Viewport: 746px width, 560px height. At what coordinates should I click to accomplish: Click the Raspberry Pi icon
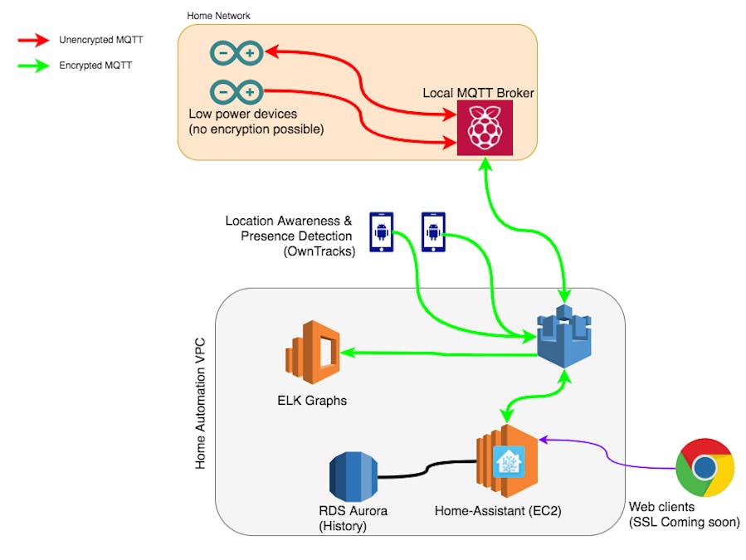click(485, 127)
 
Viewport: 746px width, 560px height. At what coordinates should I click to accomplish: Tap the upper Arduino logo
click(237, 55)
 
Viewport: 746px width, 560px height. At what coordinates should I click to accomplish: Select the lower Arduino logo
click(237, 91)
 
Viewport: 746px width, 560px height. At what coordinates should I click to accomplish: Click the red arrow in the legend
click(34, 39)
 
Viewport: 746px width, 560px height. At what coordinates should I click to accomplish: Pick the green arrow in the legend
click(34, 65)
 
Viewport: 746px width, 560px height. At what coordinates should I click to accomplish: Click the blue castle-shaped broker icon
click(565, 337)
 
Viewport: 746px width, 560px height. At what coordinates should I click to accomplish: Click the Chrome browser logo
click(705, 467)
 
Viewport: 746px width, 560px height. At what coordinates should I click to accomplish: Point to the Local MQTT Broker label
click(478, 93)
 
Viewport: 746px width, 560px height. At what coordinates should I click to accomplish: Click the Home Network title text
click(218, 16)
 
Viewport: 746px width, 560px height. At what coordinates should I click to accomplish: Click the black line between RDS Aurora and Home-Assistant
click(427, 471)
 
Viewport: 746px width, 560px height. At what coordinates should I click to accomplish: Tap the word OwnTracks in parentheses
click(319, 251)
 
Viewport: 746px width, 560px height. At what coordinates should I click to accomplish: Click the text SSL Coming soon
click(684, 522)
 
